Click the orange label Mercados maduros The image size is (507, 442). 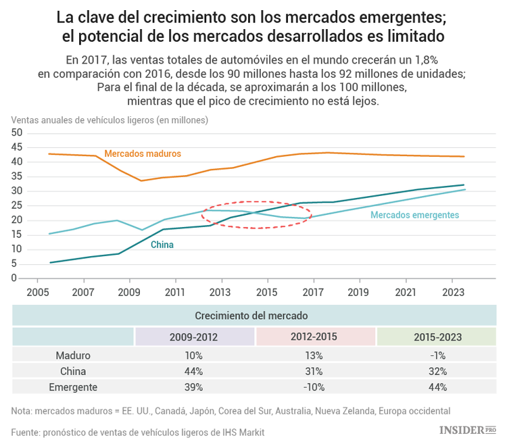point(143,154)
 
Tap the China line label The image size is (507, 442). point(162,245)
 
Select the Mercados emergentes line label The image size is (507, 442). point(414,215)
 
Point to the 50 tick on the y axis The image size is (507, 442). point(18,133)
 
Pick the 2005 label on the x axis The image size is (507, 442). point(37,292)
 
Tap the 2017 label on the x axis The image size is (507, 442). point(313,292)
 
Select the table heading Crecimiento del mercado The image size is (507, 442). point(251,316)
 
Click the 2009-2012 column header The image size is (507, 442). point(195,337)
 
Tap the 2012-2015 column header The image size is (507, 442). point(316,337)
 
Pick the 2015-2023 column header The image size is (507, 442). point(437,337)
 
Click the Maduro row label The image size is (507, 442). point(72,355)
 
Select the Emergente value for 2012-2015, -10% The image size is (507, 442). point(316,387)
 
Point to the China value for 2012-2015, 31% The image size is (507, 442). point(316,371)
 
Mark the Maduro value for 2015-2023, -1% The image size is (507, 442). point(437,355)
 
